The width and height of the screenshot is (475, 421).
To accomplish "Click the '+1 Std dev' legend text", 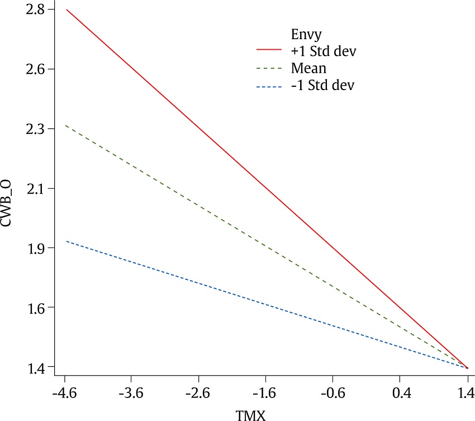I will tap(323, 51).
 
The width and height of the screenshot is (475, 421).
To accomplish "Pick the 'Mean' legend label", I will tap(308, 68).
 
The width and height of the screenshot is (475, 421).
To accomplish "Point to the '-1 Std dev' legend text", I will tap(322, 86).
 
